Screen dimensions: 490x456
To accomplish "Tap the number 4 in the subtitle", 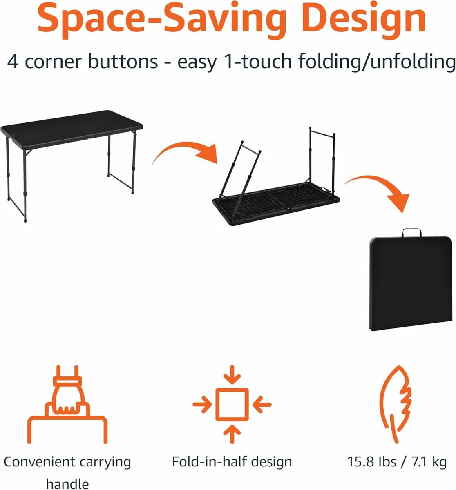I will pyautogui.click(x=13, y=62).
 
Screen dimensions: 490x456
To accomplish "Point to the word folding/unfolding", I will pyautogui.click(x=377, y=62).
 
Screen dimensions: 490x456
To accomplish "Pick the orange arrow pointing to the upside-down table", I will pyautogui.click(x=184, y=153).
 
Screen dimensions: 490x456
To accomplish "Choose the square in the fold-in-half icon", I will pyautogui.click(x=232, y=404).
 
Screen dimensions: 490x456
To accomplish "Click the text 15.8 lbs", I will pyautogui.click(x=372, y=462).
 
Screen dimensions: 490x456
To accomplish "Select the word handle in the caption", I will pyautogui.click(x=67, y=484).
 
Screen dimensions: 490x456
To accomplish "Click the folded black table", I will pyautogui.click(x=411, y=286).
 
